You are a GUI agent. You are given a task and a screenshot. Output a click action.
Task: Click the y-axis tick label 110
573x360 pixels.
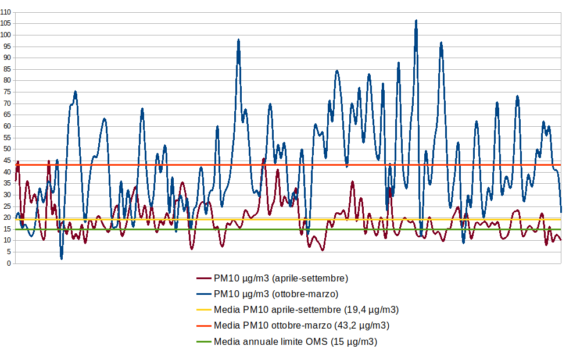(x=6, y=12)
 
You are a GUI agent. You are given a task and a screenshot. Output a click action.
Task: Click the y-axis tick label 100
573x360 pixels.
(x=6, y=35)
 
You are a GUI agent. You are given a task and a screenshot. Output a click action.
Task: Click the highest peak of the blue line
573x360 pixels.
(x=416, y=21)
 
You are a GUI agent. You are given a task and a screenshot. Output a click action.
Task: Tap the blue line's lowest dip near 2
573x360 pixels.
(x=62, y=258)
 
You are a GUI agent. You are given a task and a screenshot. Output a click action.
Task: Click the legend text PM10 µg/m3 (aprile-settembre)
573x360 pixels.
(x=281, y=278)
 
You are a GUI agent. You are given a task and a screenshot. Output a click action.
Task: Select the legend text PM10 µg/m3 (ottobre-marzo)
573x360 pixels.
(x=276, y=294)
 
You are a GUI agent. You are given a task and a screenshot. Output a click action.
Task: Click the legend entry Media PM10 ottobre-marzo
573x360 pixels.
(x=302, y=325)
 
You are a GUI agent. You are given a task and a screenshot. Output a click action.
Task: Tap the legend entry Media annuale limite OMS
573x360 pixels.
(x=296, y=341)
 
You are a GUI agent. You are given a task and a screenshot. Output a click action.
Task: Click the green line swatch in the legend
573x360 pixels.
(x=204, y=341)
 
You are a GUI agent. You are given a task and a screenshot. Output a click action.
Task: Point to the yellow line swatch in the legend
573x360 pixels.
(x=204, y=309)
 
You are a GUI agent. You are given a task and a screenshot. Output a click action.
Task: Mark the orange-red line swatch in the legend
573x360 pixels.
(x=204, y=325)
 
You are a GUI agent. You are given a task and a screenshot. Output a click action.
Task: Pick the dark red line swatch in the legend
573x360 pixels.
(x=204, y=278)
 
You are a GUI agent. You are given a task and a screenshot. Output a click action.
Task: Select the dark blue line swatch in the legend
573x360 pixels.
(x=204, y=294)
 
